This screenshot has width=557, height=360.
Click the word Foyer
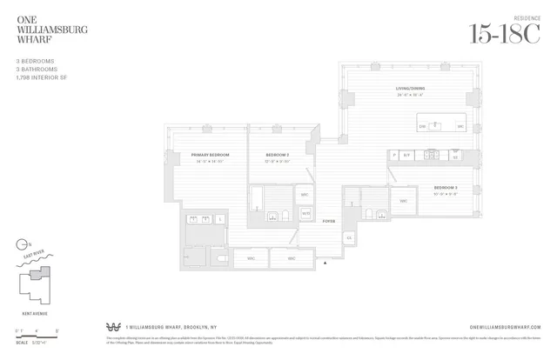[328, 222]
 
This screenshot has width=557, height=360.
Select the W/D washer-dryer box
[305, 212]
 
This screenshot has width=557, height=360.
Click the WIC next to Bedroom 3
[403, 201]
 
